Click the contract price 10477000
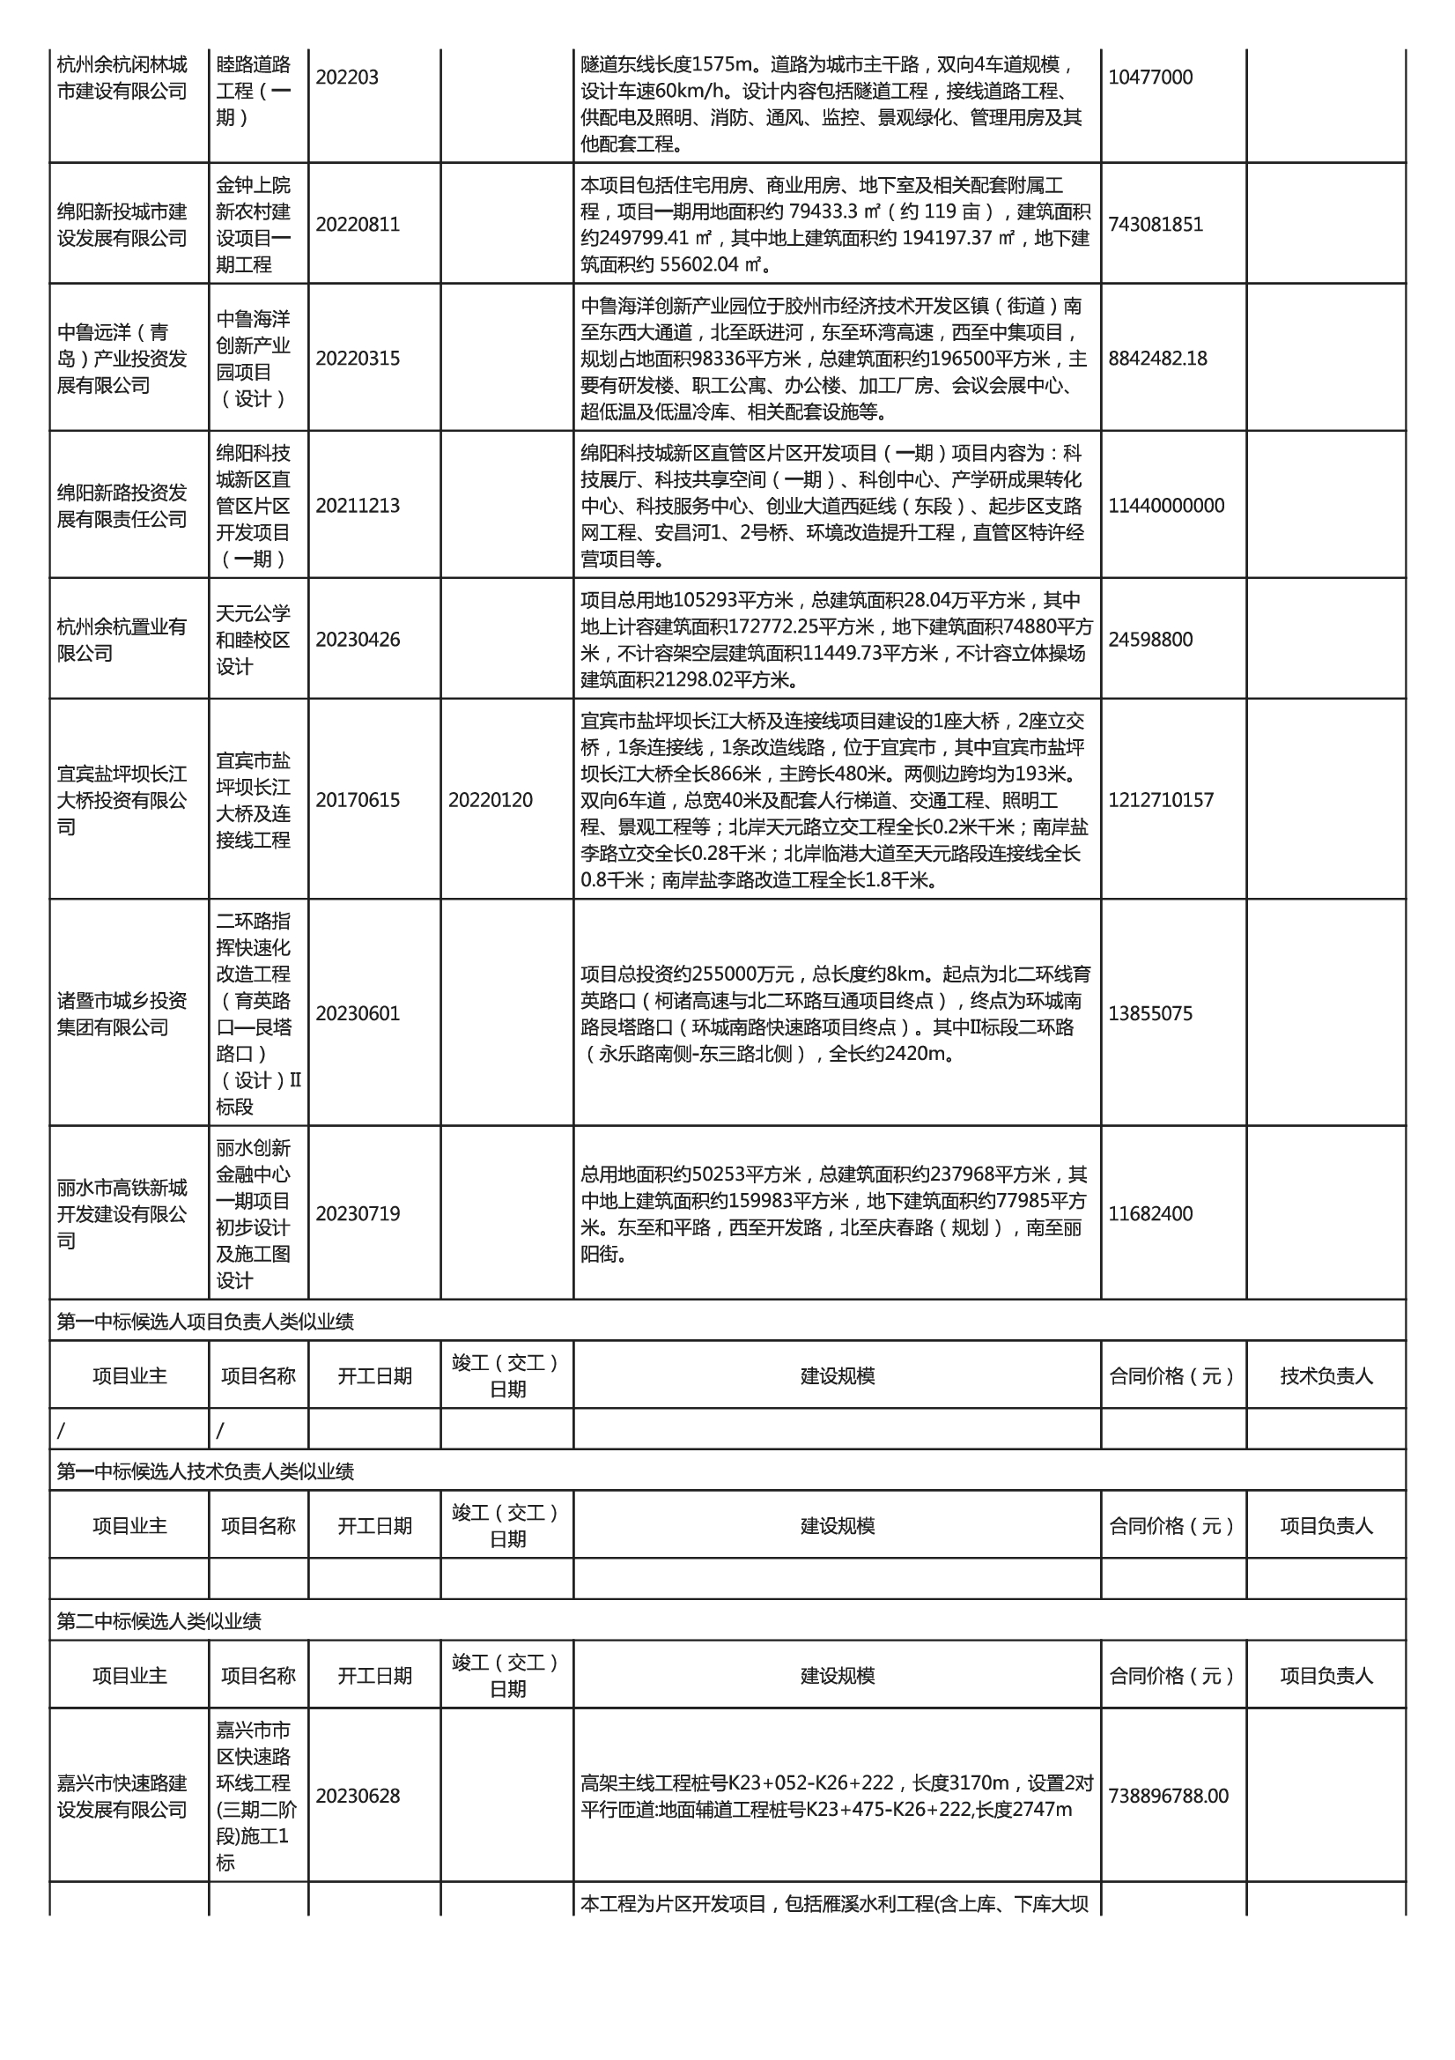(1150, 78)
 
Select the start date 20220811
(357, 225)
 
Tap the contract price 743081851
(1155, 225)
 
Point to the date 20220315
(357, 359)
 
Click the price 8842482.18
(1157, 359)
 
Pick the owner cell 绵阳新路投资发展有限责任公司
(122, 506)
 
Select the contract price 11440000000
(1165, 506)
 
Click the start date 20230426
(357, 640)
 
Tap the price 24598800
(1150, 640)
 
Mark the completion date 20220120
(490, 800)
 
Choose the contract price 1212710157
(1160, 800)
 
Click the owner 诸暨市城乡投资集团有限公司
(122, 1014)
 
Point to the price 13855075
(1150, 1014)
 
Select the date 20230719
(357, 1214)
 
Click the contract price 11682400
(1150, 1214)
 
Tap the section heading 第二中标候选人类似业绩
(159, 1621)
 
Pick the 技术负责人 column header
(1326, 1376)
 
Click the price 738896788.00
(1168, 1797)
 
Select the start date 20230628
(357, 1797)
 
